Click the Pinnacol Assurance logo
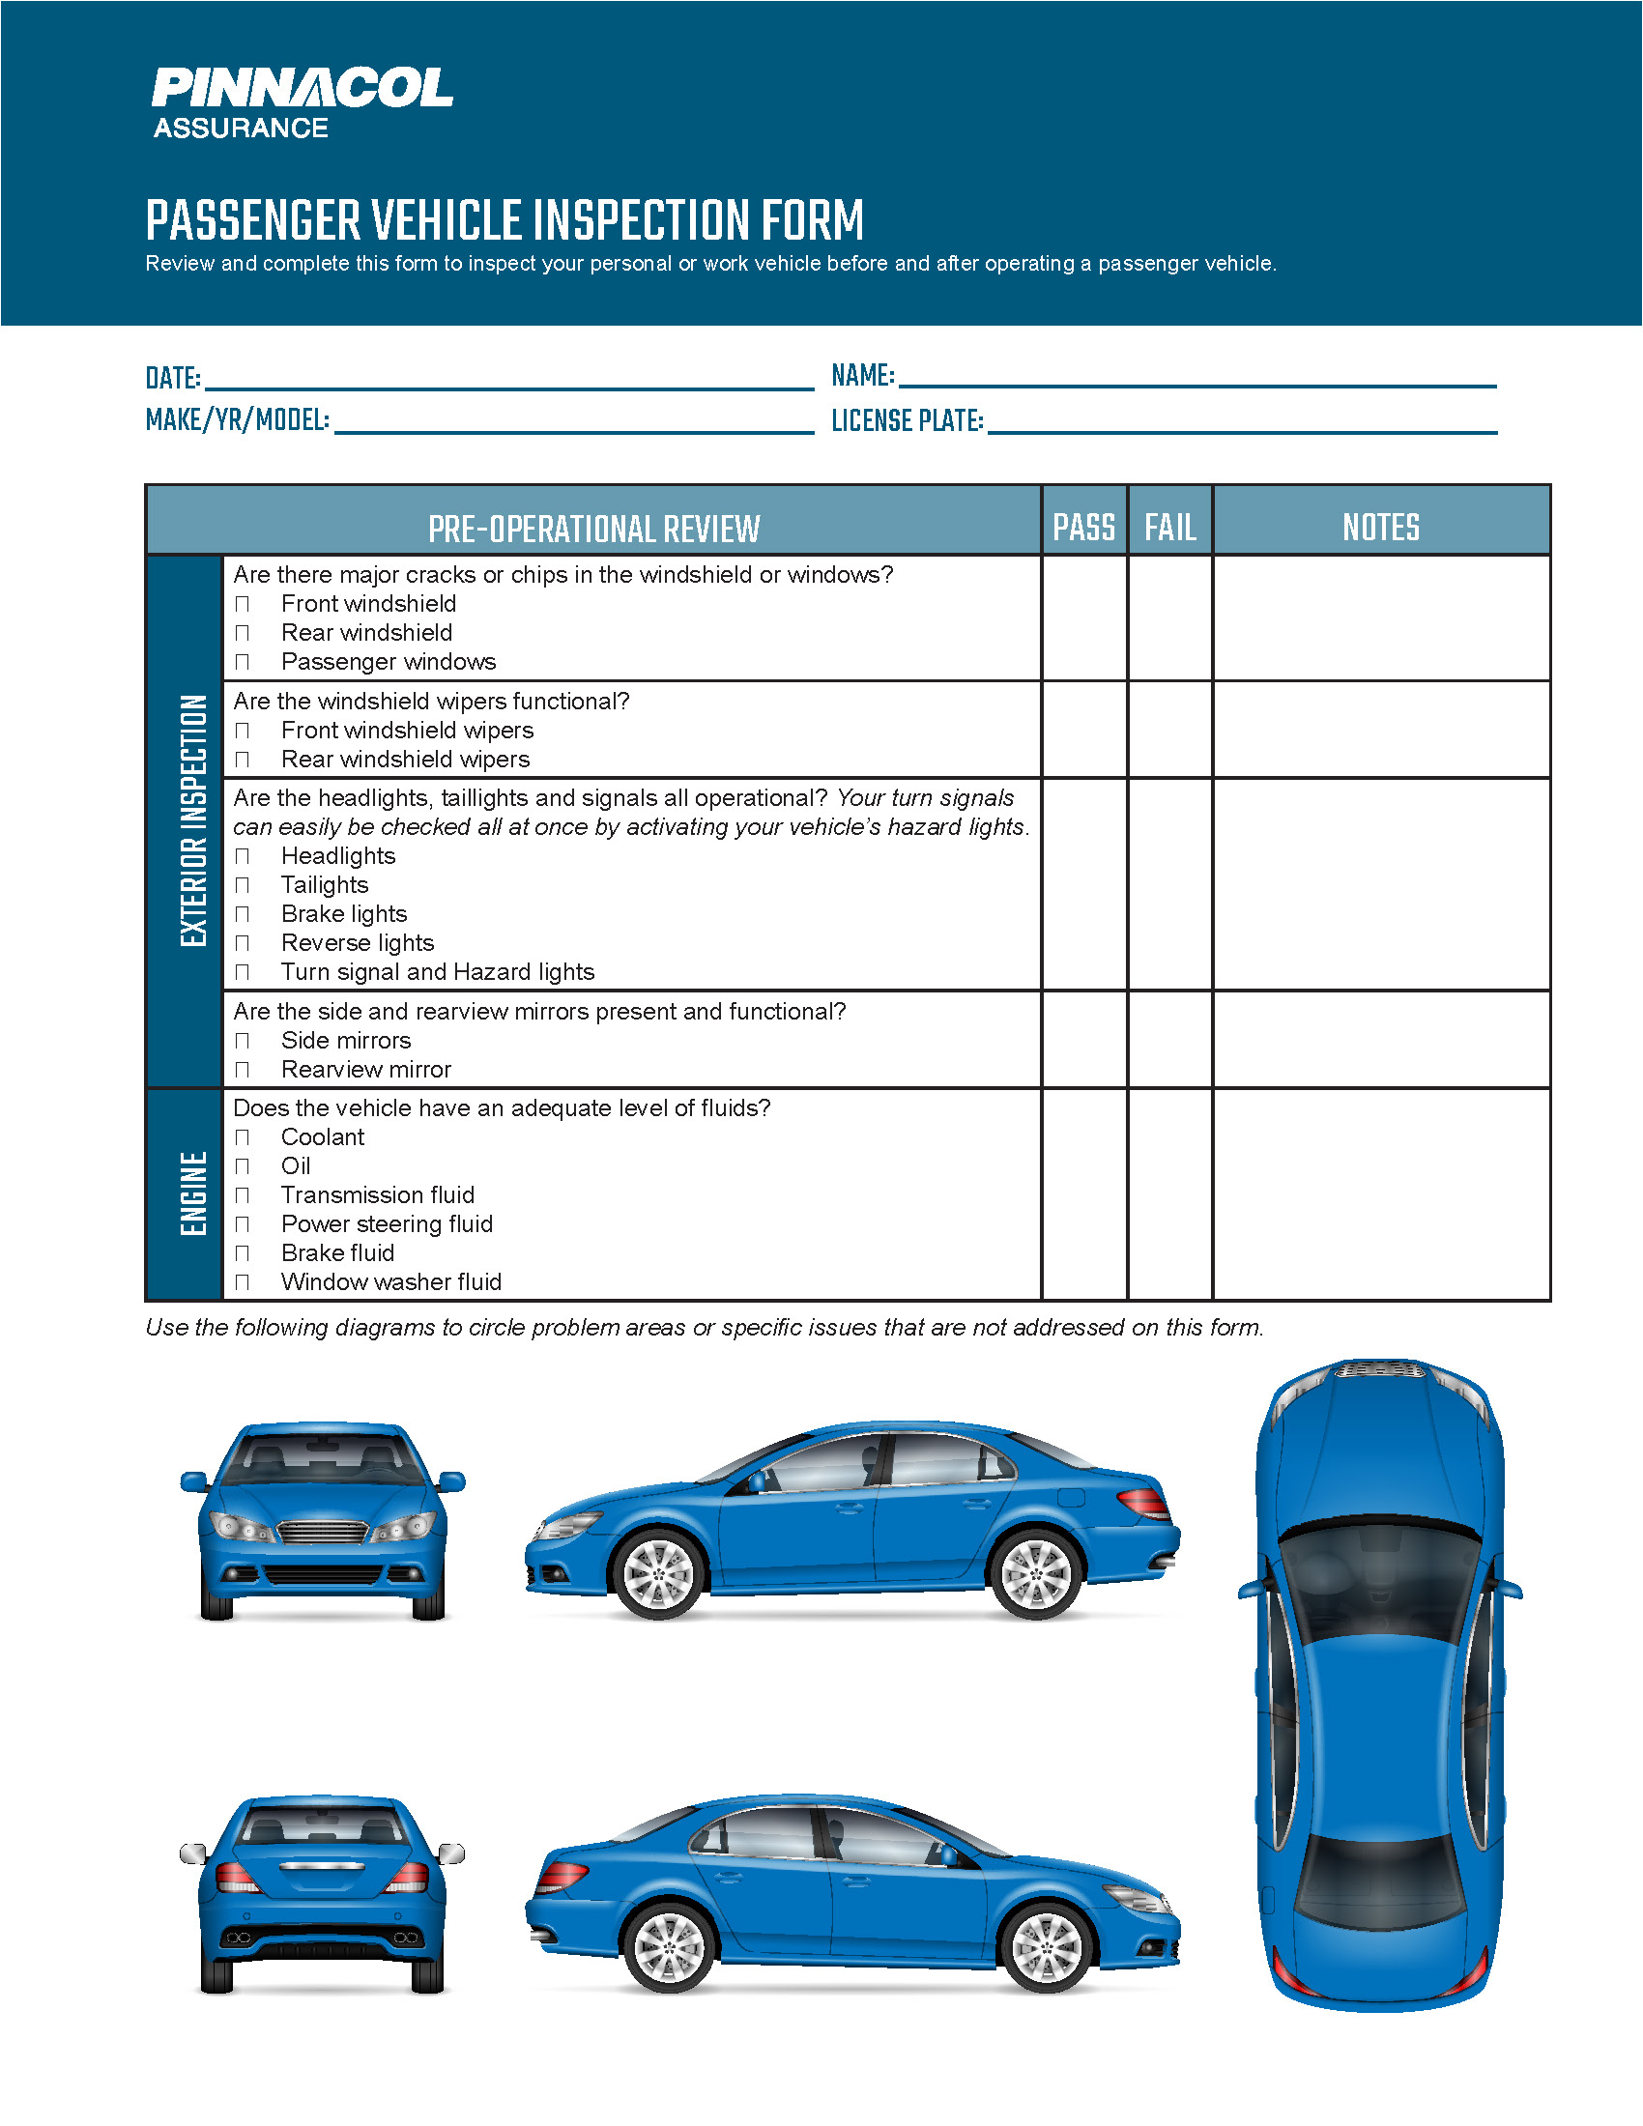[x=302, y=102]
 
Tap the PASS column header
[x=1083, y=527]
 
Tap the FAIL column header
[x=1169, y=527]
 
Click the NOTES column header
[x=1380, y=527]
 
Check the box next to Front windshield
[x=243, y=605]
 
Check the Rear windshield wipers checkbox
[x=243, y=760]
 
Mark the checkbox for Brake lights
[x=243, y=914]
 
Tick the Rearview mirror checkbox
[x=243, y=1070]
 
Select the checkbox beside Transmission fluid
[x=243, y=1195]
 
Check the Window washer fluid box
[x=243, y=1282]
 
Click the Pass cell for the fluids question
[x=1083, y=1193]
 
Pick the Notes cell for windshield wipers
[x=1380, y=729]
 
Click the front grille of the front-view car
[x=323, y=1532]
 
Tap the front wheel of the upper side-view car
[x=658, y=1573]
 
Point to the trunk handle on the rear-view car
[x=322, y=1865]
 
